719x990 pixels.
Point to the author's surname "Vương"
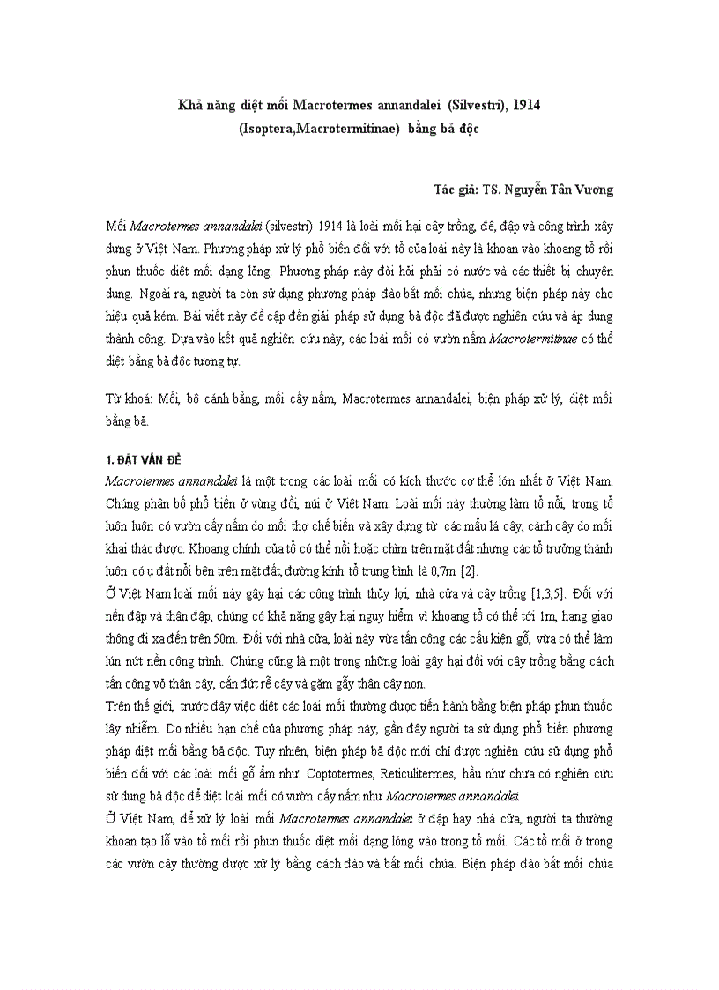coord(592,190)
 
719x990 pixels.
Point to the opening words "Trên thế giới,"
coord(139,707)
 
